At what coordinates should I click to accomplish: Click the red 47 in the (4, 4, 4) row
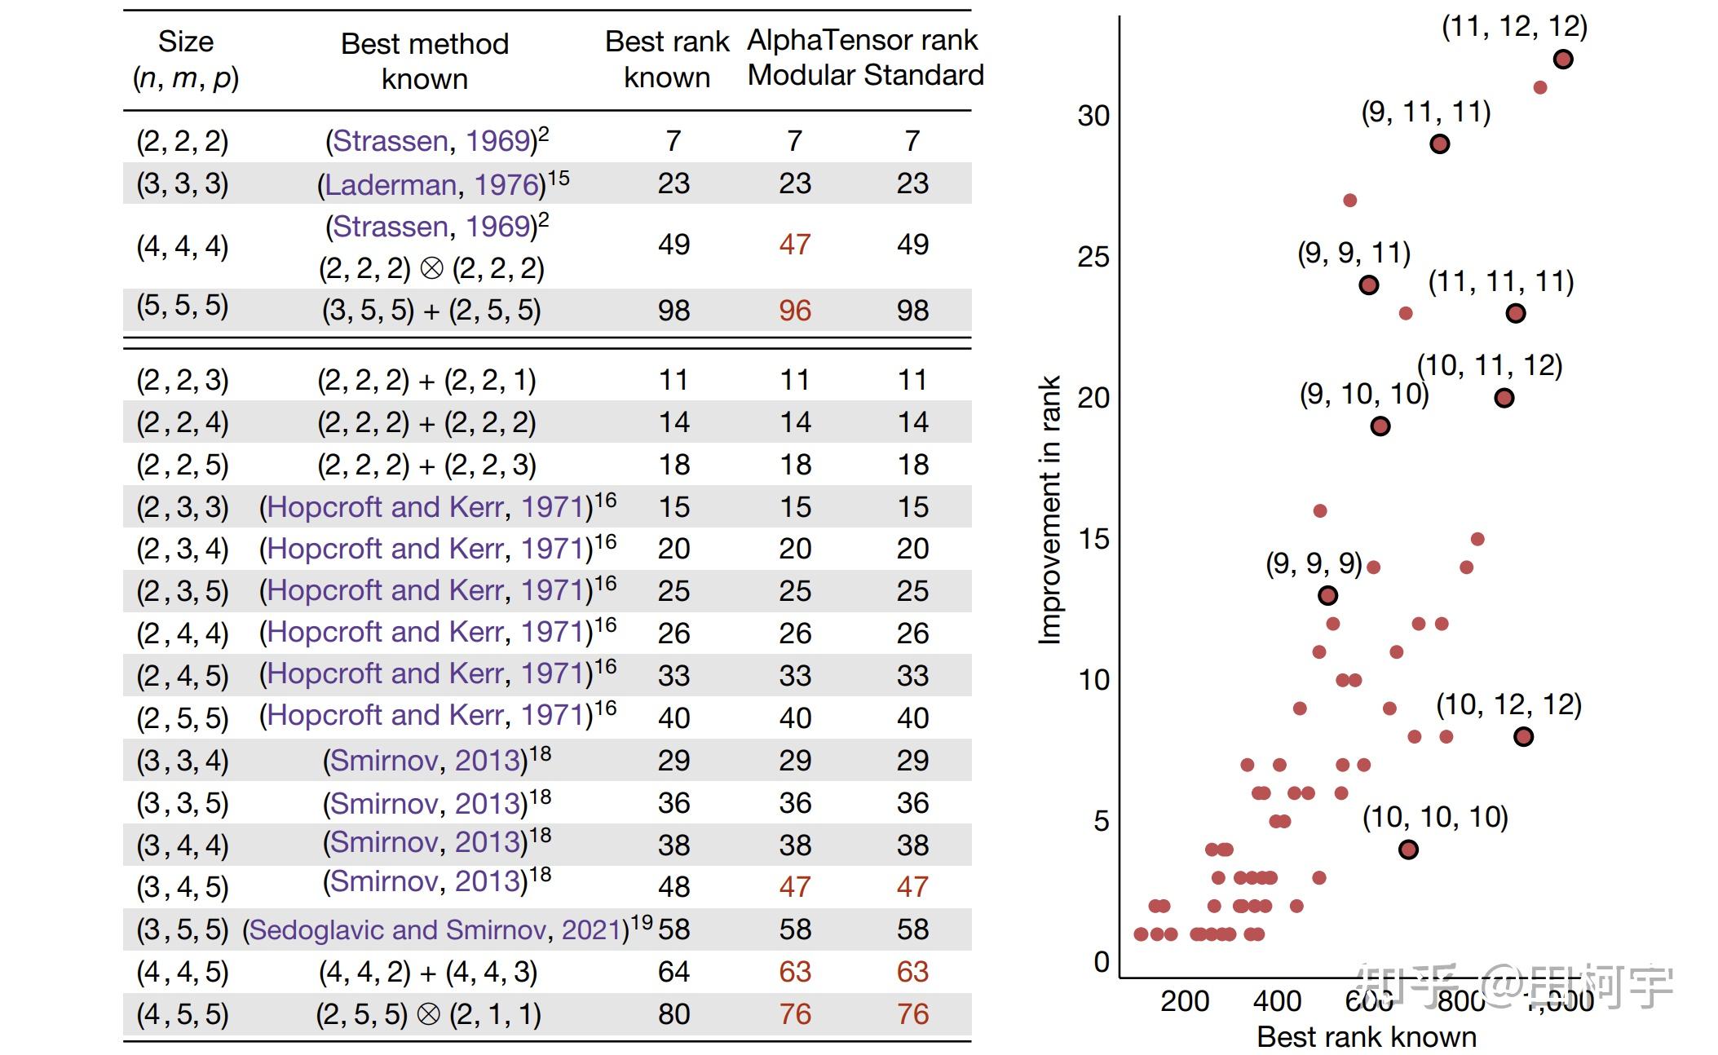tap(794, 245)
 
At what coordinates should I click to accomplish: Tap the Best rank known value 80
tap(674, 1014)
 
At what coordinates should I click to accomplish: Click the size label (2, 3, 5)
tap(183, 591)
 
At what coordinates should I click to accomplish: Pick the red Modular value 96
tap(794, 311)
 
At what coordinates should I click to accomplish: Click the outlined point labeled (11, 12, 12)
tap(1562, 60)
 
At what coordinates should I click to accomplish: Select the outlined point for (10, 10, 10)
tap(1408, 850)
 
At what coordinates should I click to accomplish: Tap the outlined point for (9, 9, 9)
tap(1327, 596)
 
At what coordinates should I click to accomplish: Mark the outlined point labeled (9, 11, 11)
tap(1440, 144)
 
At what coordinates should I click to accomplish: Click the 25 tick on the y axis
tap(1093, 257)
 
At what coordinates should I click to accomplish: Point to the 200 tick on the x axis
tap(1185, 1001)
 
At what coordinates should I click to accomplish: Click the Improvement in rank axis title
tap(1049, 510)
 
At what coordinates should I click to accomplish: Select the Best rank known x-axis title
tap(1367, 1037)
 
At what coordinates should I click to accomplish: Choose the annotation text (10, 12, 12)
tap(1508, 704)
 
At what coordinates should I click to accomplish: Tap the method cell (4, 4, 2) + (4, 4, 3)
tap(427, 972)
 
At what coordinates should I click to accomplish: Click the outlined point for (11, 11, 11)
tap(1515, 313)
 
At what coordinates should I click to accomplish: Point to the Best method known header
tap(424, 61)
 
